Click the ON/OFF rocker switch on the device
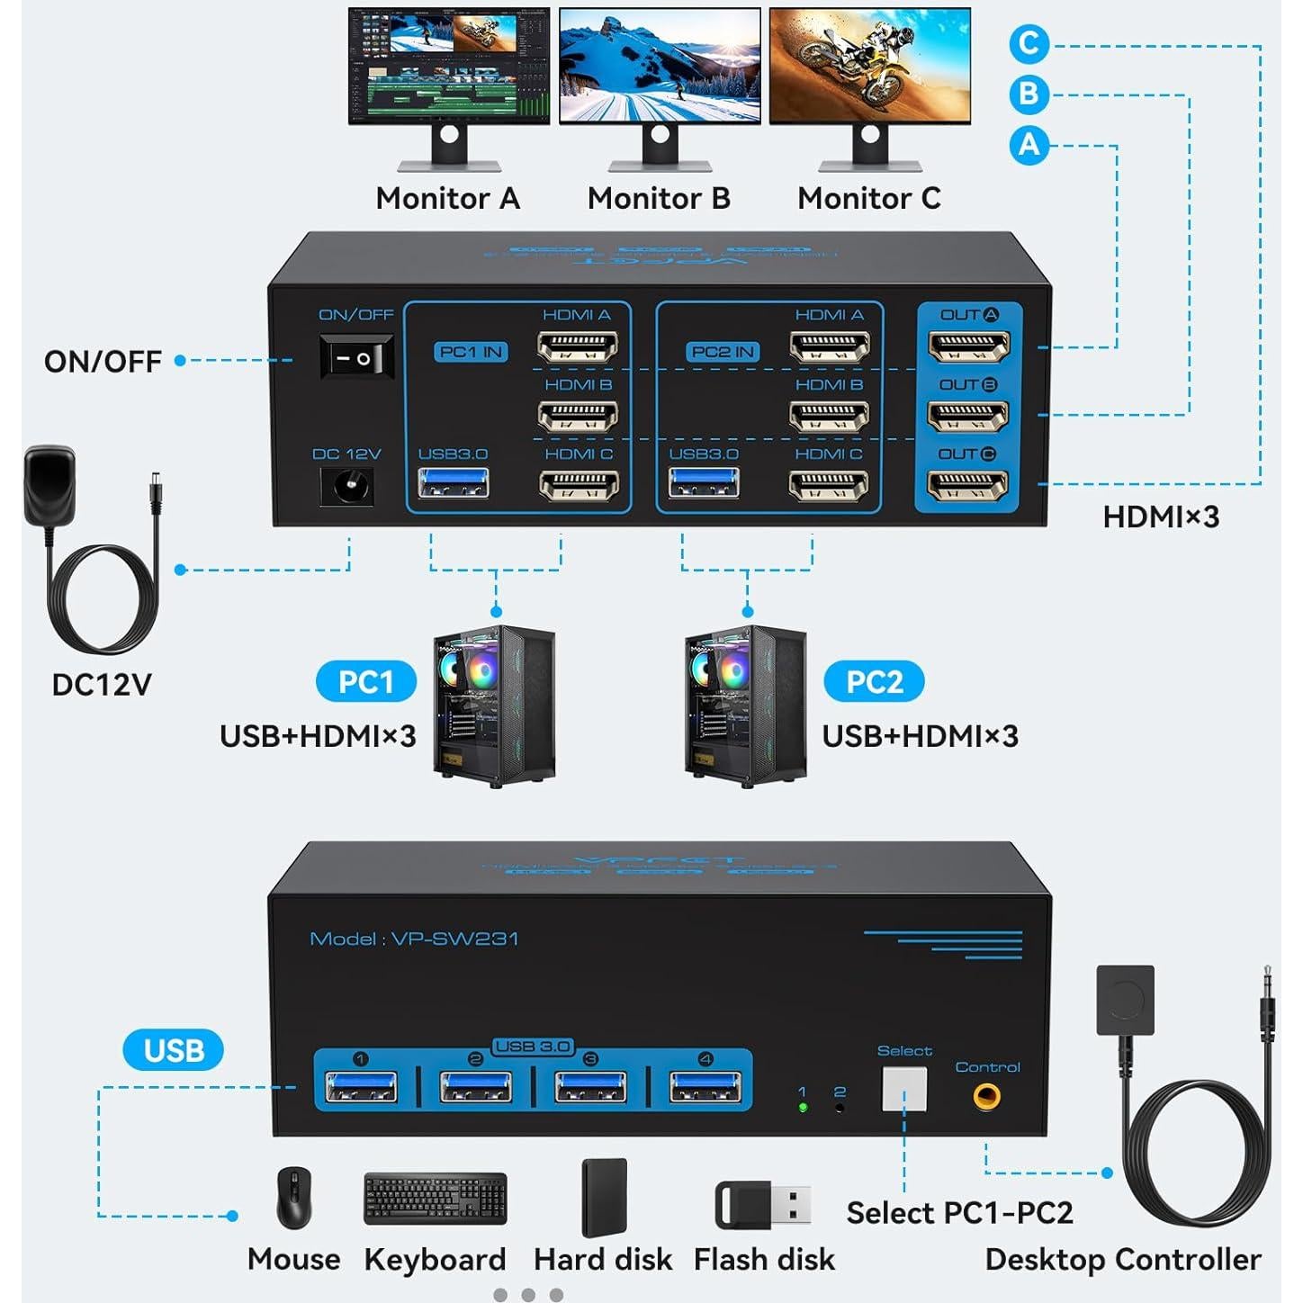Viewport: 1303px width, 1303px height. click(x=357, y=357)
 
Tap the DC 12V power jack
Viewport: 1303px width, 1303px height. click(x=347, y=488)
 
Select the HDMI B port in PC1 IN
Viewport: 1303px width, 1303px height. click(x=578, y=416)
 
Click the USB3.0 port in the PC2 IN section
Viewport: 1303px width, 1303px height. click(x=704, y=484)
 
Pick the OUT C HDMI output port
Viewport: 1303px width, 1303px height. click(x=968, y=486)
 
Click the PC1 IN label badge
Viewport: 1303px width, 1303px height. click(x=472, y=352)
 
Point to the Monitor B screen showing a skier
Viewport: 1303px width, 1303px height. click(x=660, y=66)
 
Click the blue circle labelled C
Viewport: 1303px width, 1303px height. click(x=1029, y=44)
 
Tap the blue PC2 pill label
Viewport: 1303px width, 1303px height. click(x=874, y=682)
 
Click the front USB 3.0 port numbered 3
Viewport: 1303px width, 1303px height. click(x=590, y=1087)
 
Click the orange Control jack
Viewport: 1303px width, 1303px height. click(x=987, y=1096)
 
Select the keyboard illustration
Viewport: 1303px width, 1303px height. click(x=435, y=1199)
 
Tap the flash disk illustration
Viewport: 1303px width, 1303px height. click(x=763, y=1206)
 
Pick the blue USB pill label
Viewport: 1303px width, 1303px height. click(x=173, y=1050)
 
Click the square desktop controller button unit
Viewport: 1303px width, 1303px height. click(x=1125, y=1000)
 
